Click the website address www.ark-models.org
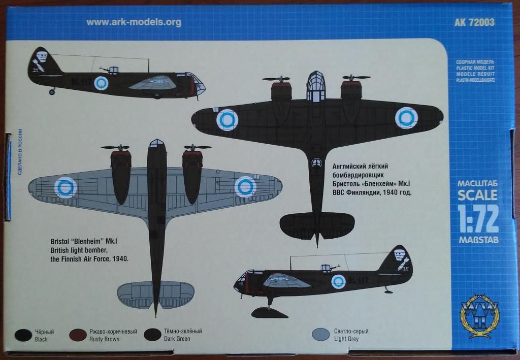pos(134,22)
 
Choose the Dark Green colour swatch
pos(152,335)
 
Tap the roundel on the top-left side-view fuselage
pos(102,84)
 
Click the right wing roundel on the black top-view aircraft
pos(406,118)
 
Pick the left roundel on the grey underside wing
pos(65,187)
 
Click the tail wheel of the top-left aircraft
pos(52,92)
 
